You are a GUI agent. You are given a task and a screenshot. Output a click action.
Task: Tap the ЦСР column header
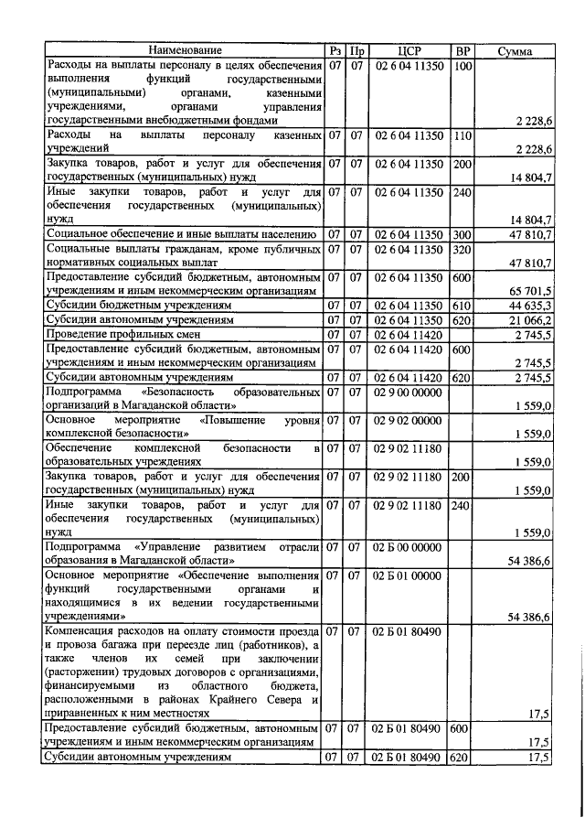tap(409, 50)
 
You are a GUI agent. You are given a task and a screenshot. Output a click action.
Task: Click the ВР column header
tap(463, 50)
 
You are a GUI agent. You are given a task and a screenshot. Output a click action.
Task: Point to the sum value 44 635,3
tap(526, 305)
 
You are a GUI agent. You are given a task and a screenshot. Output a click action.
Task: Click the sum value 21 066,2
tap(526, 320)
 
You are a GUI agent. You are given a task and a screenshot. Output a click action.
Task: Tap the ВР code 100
tap(463, 67)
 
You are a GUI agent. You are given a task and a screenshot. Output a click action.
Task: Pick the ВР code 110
tap(463, 134)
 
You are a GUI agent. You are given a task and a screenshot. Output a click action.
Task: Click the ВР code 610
tap(463, 305)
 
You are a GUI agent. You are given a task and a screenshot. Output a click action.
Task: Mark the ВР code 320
tap(463, 250)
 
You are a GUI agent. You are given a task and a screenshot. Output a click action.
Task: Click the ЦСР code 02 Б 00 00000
tap(409, 546)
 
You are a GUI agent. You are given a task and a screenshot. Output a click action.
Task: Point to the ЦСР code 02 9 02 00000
tap(409, 419)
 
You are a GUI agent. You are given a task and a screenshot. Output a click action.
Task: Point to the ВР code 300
tap(463, 234)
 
